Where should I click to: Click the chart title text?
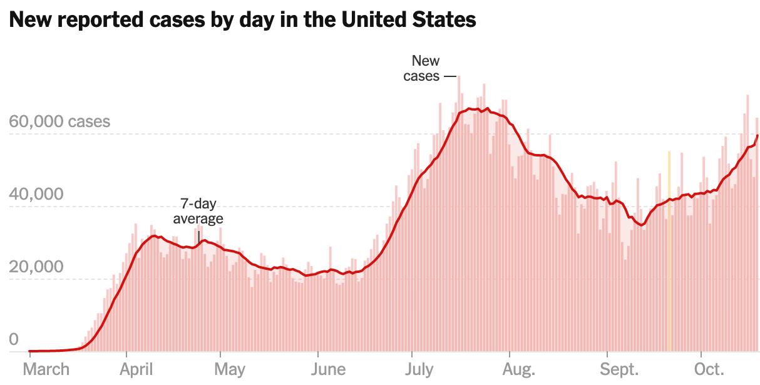tap(243, 20)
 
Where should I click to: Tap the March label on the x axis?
tap(47, 369)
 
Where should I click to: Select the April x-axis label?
tap(136, 369)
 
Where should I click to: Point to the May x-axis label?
tap(230, 369)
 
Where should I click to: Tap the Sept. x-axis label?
tap(620, 369)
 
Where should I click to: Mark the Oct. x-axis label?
tap(711, 369)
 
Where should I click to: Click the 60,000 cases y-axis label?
tap(60, 121)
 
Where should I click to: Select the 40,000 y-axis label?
tap(37, 195)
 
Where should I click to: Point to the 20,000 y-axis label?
tap(37, 267)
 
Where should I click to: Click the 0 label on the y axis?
tap(14, 340)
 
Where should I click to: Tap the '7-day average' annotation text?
tap(198, 211)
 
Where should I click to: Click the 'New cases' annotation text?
tap(425, 69)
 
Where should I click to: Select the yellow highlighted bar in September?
tap(669, 250)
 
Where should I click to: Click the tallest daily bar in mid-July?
tap(459, 213)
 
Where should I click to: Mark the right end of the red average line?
tap(757, 135)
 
